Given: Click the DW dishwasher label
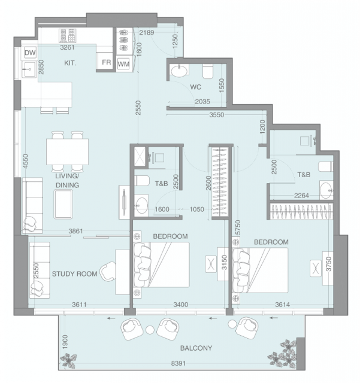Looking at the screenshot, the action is (30, 53).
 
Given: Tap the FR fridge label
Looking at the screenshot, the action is (107, 62).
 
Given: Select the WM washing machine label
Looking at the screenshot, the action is (123, 64).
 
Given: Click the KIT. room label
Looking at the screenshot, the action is (70, 63).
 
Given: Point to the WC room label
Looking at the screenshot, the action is (196, 87).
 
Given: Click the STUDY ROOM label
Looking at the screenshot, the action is (75, 274).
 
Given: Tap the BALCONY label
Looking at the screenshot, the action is (196, 348).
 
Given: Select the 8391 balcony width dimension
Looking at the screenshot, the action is (179, 363).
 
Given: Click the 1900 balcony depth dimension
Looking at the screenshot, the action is (65, 342).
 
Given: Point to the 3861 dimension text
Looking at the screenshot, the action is (76, 231).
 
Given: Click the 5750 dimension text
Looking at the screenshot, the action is (238, 227).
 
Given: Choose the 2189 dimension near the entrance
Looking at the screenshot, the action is (147, 32).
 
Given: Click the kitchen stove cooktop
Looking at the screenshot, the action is (67, 35).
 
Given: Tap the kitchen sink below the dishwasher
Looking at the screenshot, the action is (29, 69).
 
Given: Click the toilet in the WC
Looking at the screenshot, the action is (208, 71).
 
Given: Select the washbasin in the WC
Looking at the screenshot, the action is (179, 71).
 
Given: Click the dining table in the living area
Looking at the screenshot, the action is (68, 151).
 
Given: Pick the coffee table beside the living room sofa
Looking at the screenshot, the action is (63, 204).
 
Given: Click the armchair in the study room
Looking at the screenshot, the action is (108, 272).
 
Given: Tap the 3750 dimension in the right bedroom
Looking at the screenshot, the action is (329, 264).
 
